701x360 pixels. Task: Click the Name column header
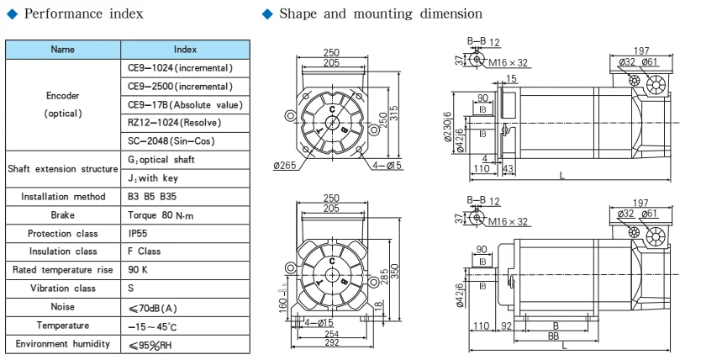coord(63,50)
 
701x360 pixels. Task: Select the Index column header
coord(185,50)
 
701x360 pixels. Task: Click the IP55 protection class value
coord(137,234)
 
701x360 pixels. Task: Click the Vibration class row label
coord(63,289)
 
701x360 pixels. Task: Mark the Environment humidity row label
coord(63,344)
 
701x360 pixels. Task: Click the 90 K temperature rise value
coord(138,270)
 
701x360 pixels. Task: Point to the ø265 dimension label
coord(285,165)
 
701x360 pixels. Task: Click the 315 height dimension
coord(394,114)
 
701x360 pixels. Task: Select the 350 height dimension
coord(395,272)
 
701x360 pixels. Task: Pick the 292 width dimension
coord(332,343)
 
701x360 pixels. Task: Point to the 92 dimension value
coord(506,326)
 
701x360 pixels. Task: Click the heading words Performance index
coord(83,13)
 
